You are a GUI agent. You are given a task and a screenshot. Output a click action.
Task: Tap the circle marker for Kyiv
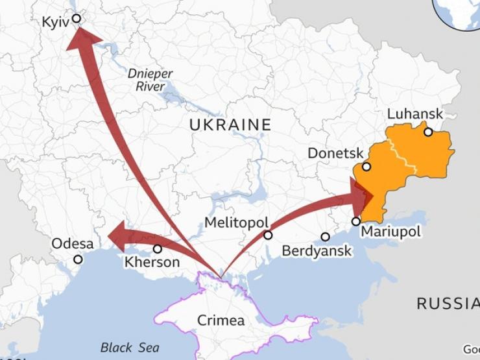(x=77, y=19)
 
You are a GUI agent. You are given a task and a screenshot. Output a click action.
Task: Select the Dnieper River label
(x=150, y=79)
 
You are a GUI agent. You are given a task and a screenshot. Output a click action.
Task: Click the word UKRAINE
(x=230, y=125)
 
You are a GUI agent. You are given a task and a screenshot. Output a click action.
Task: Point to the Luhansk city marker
(x=428, y=132)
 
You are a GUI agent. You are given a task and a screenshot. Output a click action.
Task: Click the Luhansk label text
(x=414, y=114)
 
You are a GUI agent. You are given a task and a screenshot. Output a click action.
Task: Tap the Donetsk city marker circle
(x=366, y=167)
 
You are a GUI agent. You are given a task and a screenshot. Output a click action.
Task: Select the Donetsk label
(x=335, y=154)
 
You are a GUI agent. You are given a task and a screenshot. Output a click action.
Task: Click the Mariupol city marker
(x=355, y=221)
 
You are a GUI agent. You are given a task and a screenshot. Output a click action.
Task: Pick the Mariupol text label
(x=390, y=232)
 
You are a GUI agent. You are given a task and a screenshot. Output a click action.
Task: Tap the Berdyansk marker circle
(x=325, y=237)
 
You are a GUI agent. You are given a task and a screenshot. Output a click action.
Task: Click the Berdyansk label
(x=317, y=251)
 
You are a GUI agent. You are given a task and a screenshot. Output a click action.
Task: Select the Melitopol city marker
(x=268, y=235)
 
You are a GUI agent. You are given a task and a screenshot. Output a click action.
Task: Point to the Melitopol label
(x=235, y=222)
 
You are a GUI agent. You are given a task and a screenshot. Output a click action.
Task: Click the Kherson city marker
(x=158, y=248)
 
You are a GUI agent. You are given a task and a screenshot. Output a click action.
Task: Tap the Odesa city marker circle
(x=78, y=259)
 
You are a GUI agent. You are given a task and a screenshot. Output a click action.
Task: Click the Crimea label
(x=221, y=320)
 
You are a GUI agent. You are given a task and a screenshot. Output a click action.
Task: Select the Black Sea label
(x=130, y=348)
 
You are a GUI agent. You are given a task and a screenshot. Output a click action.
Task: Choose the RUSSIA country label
(x=448, y=303)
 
